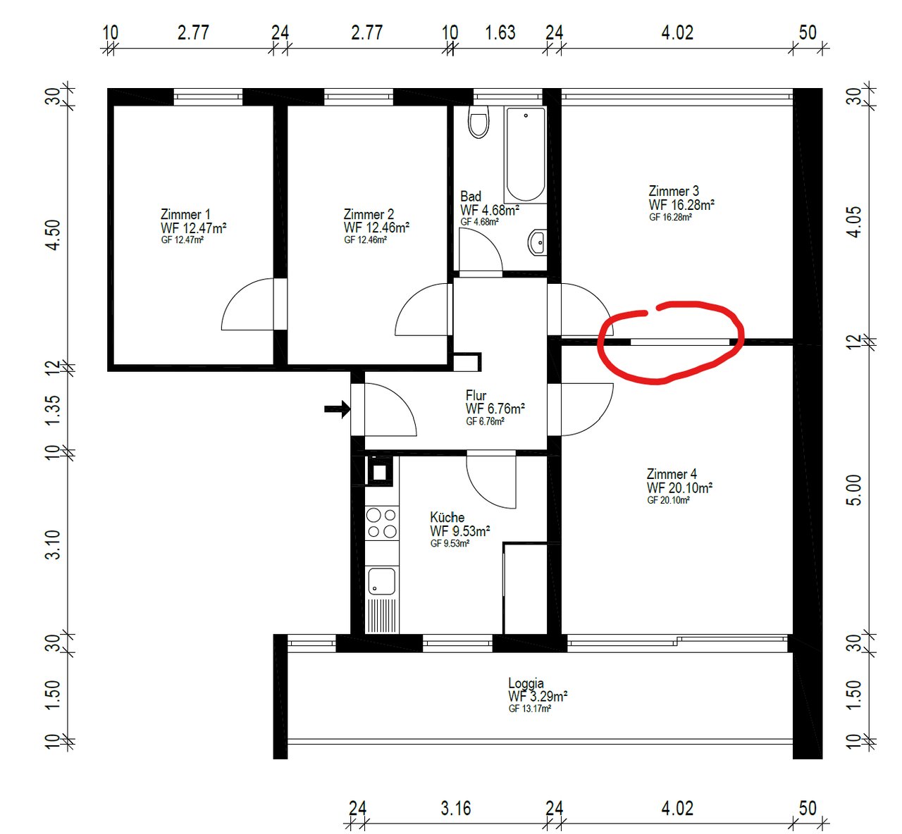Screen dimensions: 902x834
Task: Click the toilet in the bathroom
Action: pos(478,122)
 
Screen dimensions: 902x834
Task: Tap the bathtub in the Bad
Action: pos(526,154)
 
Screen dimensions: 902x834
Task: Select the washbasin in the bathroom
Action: pos(538,242)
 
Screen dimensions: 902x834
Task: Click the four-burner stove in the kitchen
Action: pos(382,523)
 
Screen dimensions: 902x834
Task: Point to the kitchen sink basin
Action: pos(381,581)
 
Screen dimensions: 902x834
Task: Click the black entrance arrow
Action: pos(337,409)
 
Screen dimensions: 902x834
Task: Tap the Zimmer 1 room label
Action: pos(185,214)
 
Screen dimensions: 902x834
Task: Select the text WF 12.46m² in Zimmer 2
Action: pos(376,228)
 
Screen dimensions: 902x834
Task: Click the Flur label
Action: pos(476,395)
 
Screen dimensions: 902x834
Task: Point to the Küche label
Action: pos(447,517)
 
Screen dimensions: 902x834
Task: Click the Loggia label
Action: pos(526,683)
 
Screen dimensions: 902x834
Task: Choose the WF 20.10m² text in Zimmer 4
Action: pos(679,487)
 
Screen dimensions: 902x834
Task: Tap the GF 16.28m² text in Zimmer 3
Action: pos(670,217)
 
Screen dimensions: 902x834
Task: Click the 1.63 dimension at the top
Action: pos(500,32)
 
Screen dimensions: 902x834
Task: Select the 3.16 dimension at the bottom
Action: pos(455,808)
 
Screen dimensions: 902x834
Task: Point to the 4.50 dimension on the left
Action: pos(53,235)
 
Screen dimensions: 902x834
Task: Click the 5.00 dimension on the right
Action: pos(853,490)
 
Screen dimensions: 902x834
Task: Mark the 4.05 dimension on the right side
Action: pos(853,222)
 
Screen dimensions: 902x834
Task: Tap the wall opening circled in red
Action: pos(680,342)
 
